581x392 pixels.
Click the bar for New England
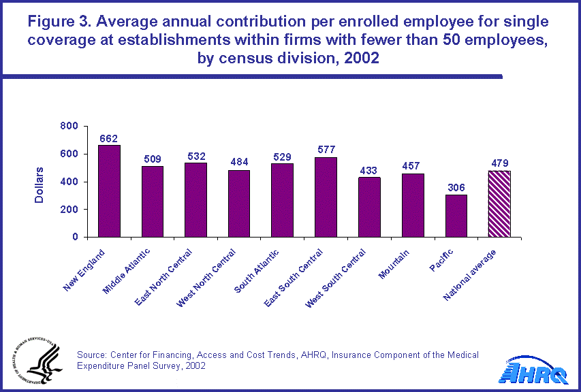pos(109,191)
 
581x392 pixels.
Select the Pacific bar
pos(456,216)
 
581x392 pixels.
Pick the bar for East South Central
pos(326,197)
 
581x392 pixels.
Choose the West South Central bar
pos(369,207)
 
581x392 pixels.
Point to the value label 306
pos(456,188)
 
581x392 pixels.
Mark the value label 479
pos(499,163)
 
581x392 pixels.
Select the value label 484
pos(238,163)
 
